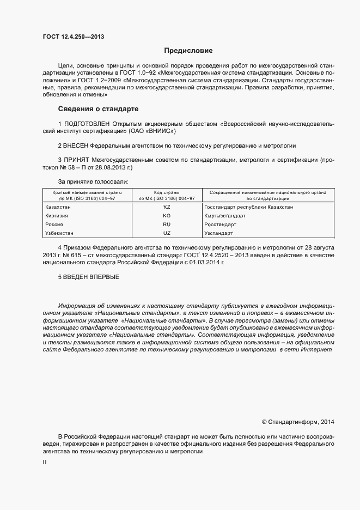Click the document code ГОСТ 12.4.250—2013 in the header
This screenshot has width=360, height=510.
tap(73, 37)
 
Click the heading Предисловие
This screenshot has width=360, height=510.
tap(188, 51)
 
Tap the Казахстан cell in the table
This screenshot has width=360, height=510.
tap(57, 207)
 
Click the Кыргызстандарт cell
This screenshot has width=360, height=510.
tap(225, 216)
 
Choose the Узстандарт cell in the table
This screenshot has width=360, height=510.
tap(219, 233)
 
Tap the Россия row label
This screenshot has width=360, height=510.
tap(54, 224)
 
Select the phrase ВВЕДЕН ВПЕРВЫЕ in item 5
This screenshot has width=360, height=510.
tap(89, 277)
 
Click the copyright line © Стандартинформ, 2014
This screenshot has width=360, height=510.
tap(298, 422)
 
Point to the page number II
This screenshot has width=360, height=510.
tap(45, 462)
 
